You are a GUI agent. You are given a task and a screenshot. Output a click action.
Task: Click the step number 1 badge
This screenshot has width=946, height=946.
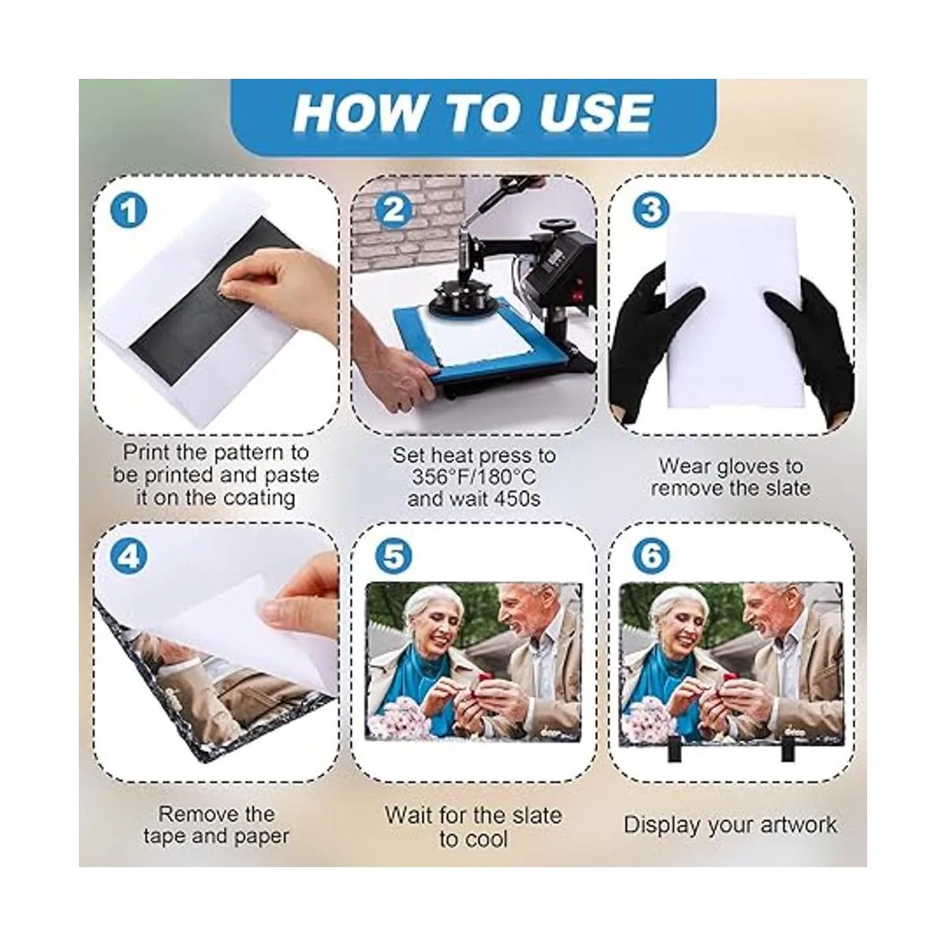coord(128,210)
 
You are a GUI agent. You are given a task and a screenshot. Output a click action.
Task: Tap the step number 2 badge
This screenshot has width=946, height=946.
coord(393,210)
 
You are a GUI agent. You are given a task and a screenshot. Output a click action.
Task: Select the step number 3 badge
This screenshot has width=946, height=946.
coord(651,210)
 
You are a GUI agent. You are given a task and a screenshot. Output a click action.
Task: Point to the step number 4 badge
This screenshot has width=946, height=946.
coord(128,557)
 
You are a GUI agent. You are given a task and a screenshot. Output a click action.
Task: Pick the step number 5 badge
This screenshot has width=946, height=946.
coord(393,557)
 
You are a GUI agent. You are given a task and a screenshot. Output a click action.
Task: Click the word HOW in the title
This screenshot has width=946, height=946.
coord(359,113)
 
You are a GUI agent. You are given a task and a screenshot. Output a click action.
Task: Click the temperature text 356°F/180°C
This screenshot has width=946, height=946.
coord(474,477)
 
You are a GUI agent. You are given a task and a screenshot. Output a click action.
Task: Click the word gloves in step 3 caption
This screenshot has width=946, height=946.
coord(749,467)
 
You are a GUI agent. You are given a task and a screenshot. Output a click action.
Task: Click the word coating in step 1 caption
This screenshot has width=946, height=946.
coord(259,498)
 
